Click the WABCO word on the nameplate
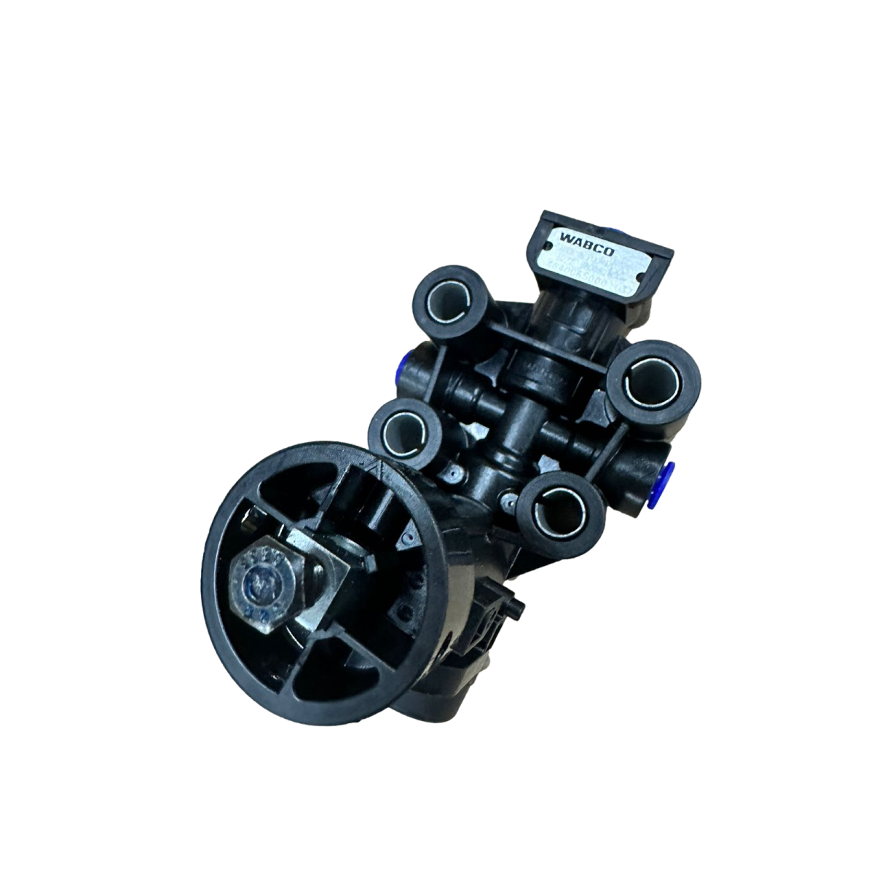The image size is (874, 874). pos(577,238)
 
